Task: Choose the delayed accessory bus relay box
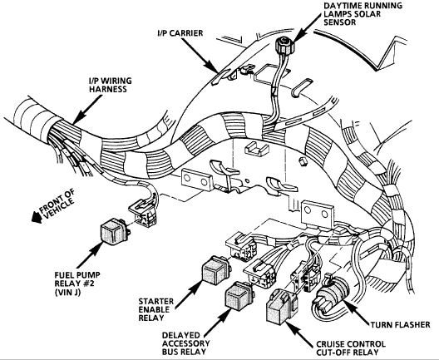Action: tap(236, 298)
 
